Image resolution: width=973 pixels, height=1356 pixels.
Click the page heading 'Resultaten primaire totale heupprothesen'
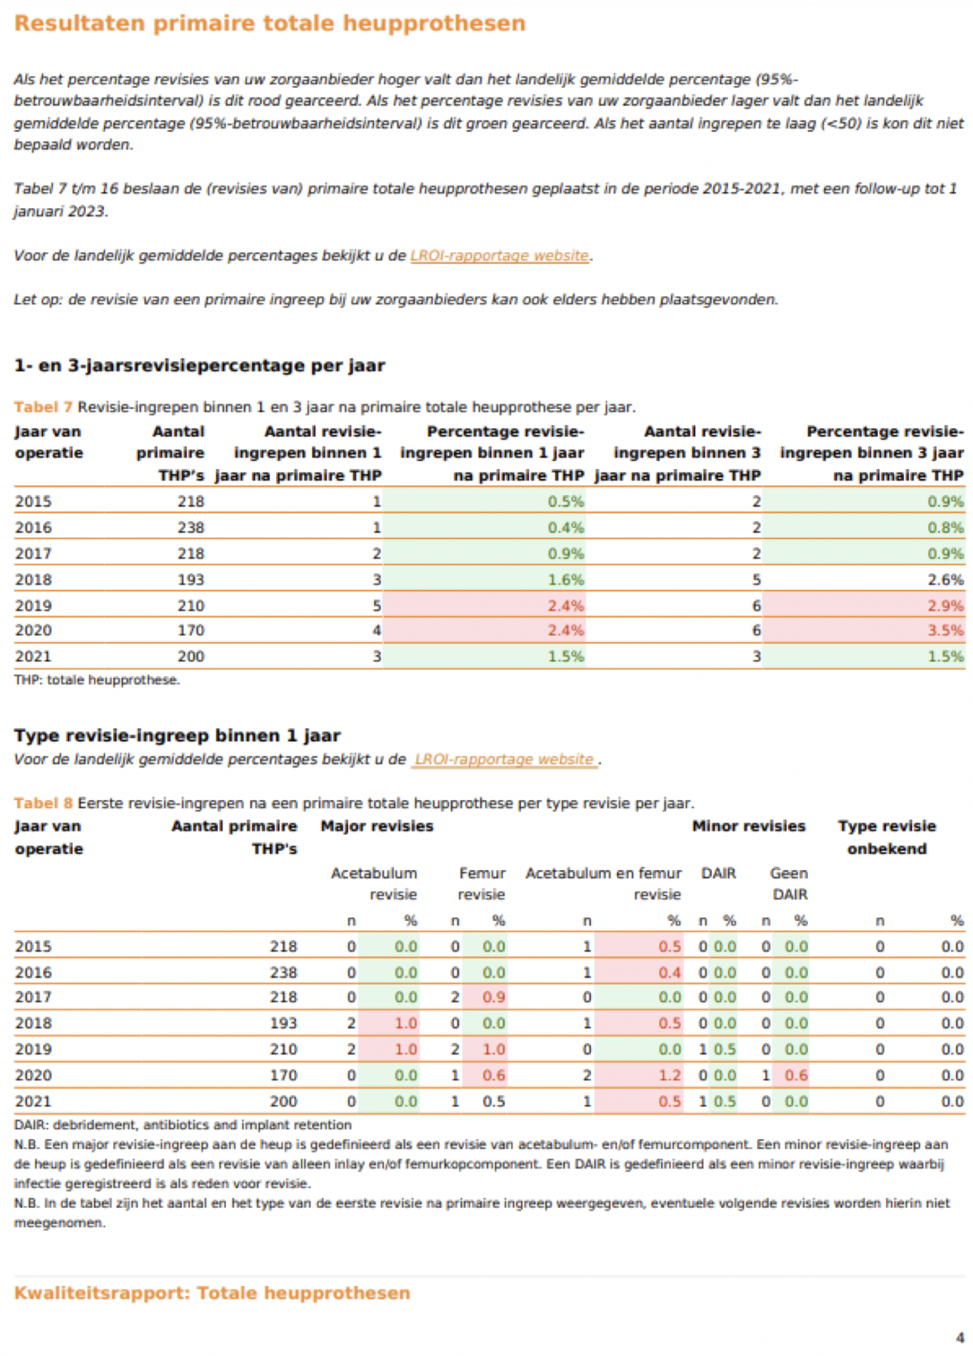click(x=270, y=23)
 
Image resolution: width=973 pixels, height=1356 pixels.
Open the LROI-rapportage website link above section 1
click(x=500, y=256)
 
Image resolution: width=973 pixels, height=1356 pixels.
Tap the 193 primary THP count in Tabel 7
click(x=191, y=580)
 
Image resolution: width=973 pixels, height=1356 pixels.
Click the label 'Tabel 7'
click(x=43, y=408)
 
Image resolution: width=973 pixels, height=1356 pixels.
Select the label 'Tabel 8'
click(x=43, y=803)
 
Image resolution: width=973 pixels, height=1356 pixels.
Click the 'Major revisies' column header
click(x=377, y=826)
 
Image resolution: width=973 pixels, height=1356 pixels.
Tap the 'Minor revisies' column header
click(x=748, y=826)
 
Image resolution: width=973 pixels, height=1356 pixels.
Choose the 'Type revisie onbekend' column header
click(x=887, y=838)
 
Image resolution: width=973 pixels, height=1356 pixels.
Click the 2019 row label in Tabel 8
click(x=33, y=1049)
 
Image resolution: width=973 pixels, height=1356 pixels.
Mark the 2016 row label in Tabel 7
click(x=33, y=528)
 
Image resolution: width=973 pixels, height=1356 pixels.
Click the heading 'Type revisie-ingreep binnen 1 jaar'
click(x=177, y=736)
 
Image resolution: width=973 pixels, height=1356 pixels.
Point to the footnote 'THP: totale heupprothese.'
click(x=97, y=680)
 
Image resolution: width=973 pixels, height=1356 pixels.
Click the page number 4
click(x=960, y=1338)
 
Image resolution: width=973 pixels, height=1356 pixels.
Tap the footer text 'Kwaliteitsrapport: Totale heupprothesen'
click(x=212, y=1293)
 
